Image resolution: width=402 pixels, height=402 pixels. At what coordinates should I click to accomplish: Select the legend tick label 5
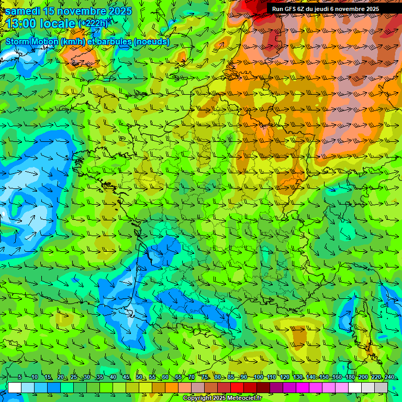20,377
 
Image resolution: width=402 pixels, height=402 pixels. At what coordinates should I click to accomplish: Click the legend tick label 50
139,377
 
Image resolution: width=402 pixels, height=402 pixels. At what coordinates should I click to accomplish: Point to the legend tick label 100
258,377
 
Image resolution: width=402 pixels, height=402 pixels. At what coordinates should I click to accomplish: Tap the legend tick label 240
388,377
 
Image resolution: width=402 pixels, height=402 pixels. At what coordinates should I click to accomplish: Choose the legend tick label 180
349,377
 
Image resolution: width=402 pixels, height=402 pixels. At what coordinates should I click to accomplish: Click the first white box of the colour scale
15,387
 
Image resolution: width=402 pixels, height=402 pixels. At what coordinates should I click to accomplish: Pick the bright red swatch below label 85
237,387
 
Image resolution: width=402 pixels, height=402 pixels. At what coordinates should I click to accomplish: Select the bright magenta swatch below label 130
303,387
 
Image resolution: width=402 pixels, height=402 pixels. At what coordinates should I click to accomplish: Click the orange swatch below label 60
172,387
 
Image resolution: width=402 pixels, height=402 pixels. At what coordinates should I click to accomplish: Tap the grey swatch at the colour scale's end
381,387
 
